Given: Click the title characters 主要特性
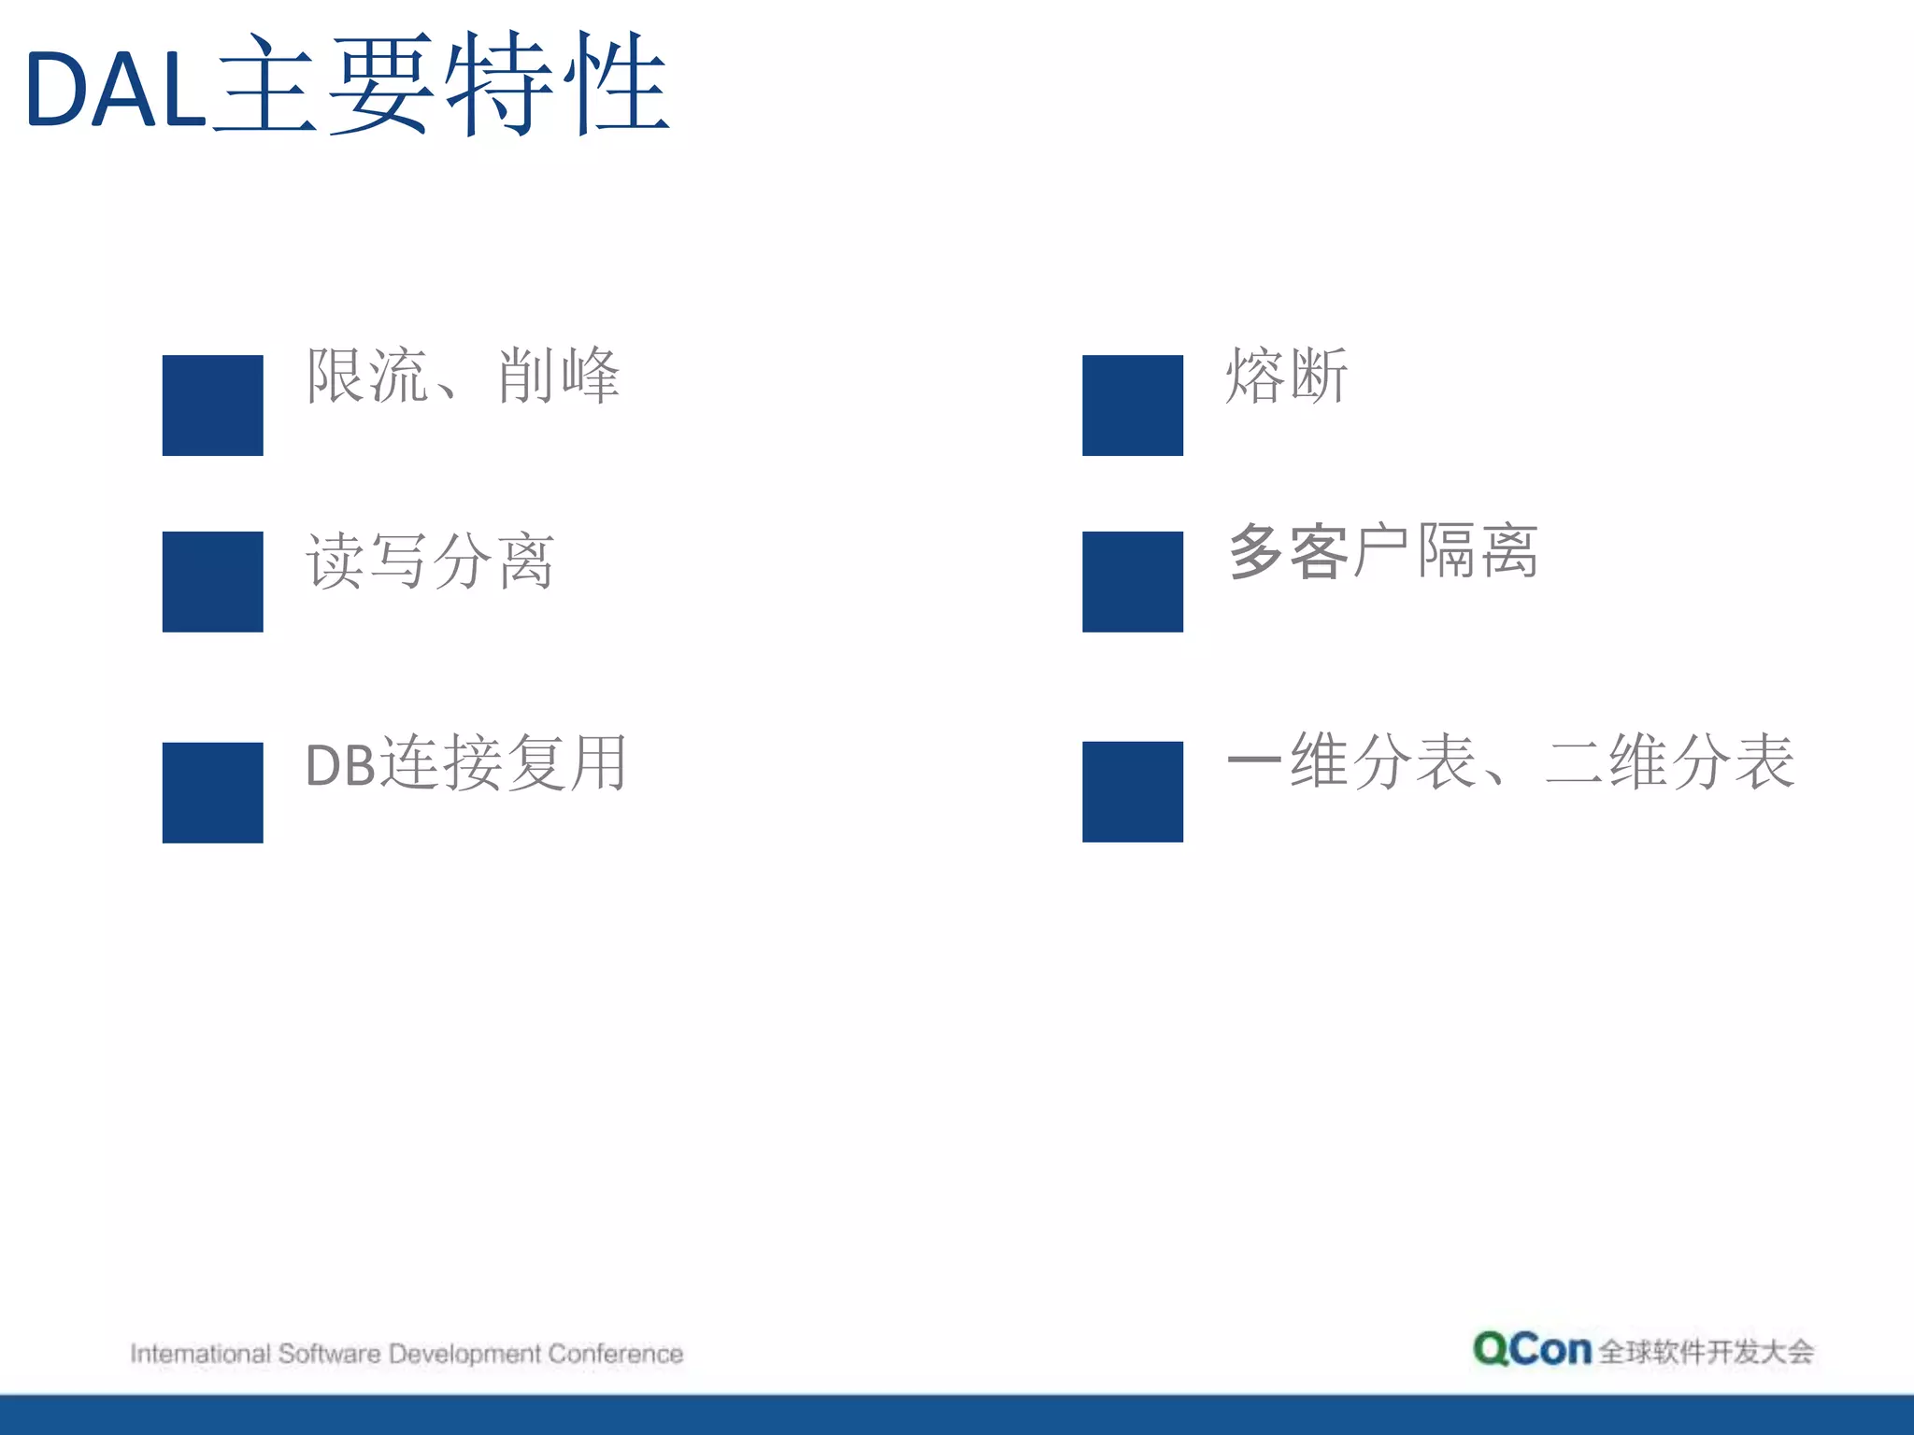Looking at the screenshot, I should [x=440, y=85].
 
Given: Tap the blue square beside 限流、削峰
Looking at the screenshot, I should [x=213, y=405].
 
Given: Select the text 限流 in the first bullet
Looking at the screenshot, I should [x=367, y=376].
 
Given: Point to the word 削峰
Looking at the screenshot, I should [x=558, y=376].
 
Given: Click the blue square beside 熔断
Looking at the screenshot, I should [x=1133, y=405].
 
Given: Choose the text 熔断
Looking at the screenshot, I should [x=1287, y=376].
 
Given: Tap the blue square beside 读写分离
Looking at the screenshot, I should [x=213, y=582].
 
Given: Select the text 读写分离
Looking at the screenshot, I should [x=431, y=561].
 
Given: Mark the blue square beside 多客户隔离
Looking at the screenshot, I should [x=1133, y=582].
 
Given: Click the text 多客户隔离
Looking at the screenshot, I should [x=1383, y=551].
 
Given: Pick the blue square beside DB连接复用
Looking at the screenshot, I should [x=213, y=792].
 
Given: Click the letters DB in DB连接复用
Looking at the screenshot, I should [x=340, y=765].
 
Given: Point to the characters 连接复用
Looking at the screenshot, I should [x=504, y=762].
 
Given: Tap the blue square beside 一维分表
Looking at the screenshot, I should [x=1133, y=792].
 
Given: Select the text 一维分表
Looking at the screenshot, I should [x=1351, y=761].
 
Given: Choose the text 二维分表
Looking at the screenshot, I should [x=1670, y=761].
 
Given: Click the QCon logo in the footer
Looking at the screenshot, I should [x=1532, y=1349].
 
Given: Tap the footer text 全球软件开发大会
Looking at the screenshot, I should [x=1706, y=1352].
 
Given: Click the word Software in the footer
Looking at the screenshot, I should [x=329, y=1354].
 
